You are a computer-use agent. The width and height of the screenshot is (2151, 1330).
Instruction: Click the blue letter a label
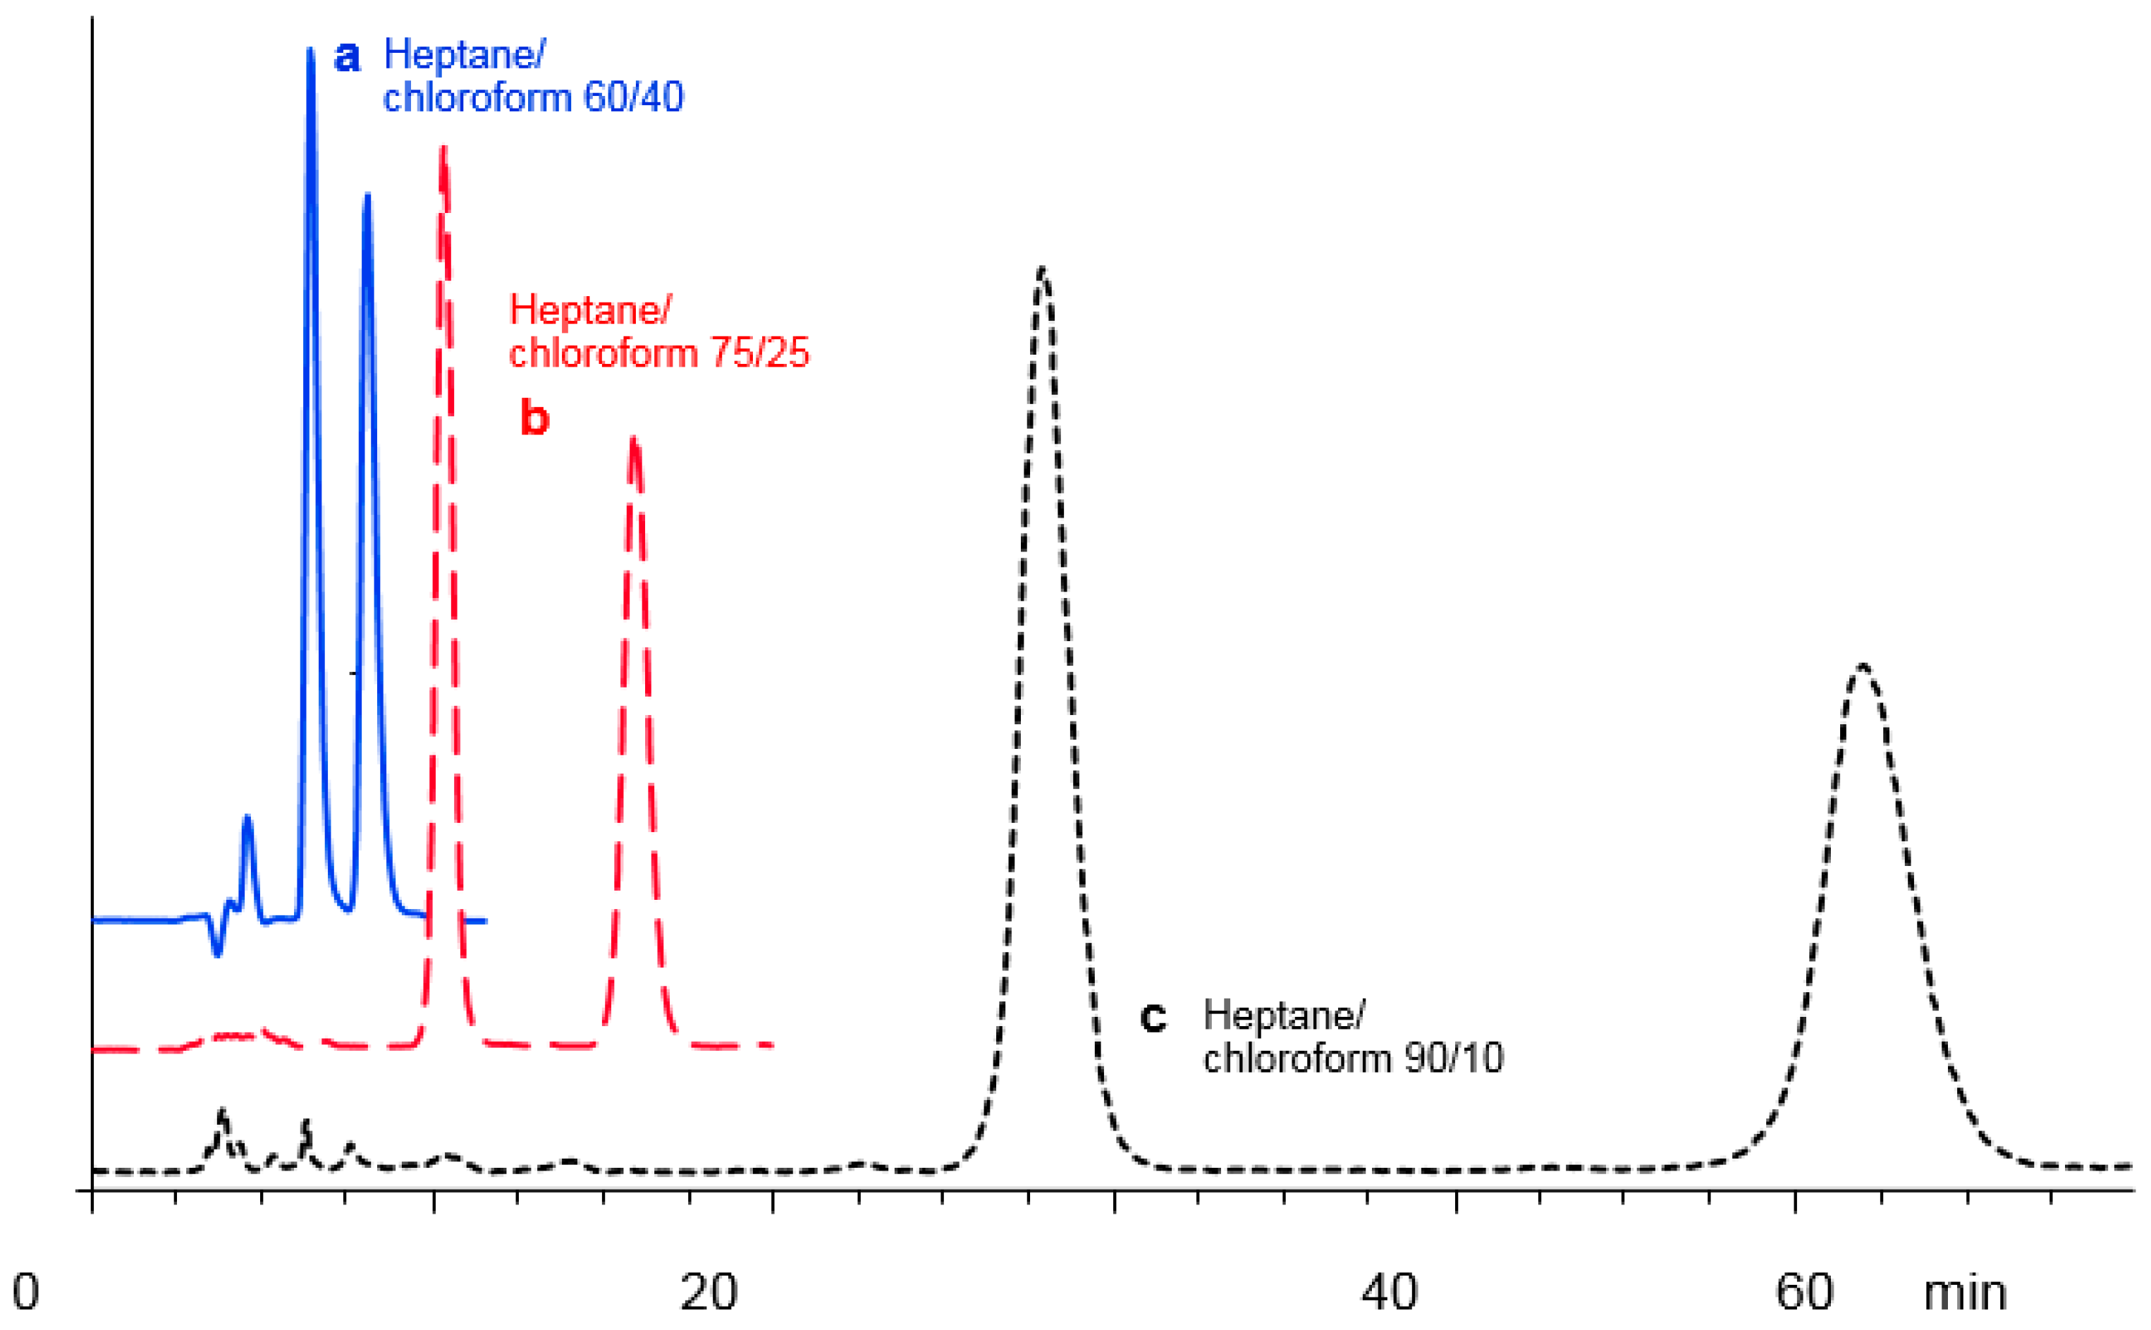(x=348, y=57)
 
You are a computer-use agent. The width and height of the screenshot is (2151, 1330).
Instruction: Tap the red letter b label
(x=534, y=417)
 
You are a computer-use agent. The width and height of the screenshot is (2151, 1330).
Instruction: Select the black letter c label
(x=1153, y=1018)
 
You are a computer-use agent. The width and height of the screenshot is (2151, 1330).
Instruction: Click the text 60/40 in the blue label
(x=633, y=97)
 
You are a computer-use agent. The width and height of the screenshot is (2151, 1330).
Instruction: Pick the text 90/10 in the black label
(x=1454, y=1057)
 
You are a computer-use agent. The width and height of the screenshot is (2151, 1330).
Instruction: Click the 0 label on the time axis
(x=25, y=1292)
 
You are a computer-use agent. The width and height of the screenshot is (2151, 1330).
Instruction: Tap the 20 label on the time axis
(x=709, y=1292)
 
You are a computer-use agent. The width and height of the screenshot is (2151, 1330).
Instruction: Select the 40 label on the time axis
(x=1390, y=1292)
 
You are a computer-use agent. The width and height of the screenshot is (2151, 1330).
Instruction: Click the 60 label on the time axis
(x=1805, y=1292)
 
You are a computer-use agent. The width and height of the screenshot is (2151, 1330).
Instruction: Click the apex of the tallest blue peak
(x=310, y=51)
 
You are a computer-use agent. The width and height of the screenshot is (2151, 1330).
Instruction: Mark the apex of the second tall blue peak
(x=367, y=195)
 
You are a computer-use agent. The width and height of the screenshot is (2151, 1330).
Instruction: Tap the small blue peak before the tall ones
(x=247, y=818)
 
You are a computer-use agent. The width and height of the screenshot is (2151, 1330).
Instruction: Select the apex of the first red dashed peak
(x=443, y=150)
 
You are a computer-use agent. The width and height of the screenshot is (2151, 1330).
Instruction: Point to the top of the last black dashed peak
(x=1862, y=666)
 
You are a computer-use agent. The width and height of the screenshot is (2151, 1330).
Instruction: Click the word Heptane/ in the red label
(x=590, y=310)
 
